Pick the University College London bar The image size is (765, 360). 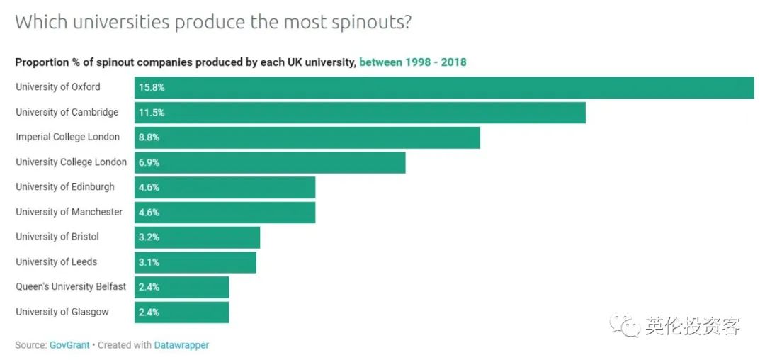[270, 162]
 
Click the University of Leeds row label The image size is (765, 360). [57, 262]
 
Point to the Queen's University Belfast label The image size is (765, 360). [71, 287]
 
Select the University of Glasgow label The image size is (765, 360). [62, 312]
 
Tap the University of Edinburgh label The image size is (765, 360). [65, 187]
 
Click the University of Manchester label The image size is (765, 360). [69, 212]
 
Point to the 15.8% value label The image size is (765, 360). [152, 88]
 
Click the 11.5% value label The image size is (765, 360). [152, 113]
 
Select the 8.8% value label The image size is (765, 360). [149, 137]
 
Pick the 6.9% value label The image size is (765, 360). [149, 162]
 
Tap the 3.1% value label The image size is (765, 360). [149, 262]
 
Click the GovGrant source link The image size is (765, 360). [69, 345]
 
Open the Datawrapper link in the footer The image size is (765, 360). [181, 345]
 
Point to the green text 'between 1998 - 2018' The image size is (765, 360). [413, 62]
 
